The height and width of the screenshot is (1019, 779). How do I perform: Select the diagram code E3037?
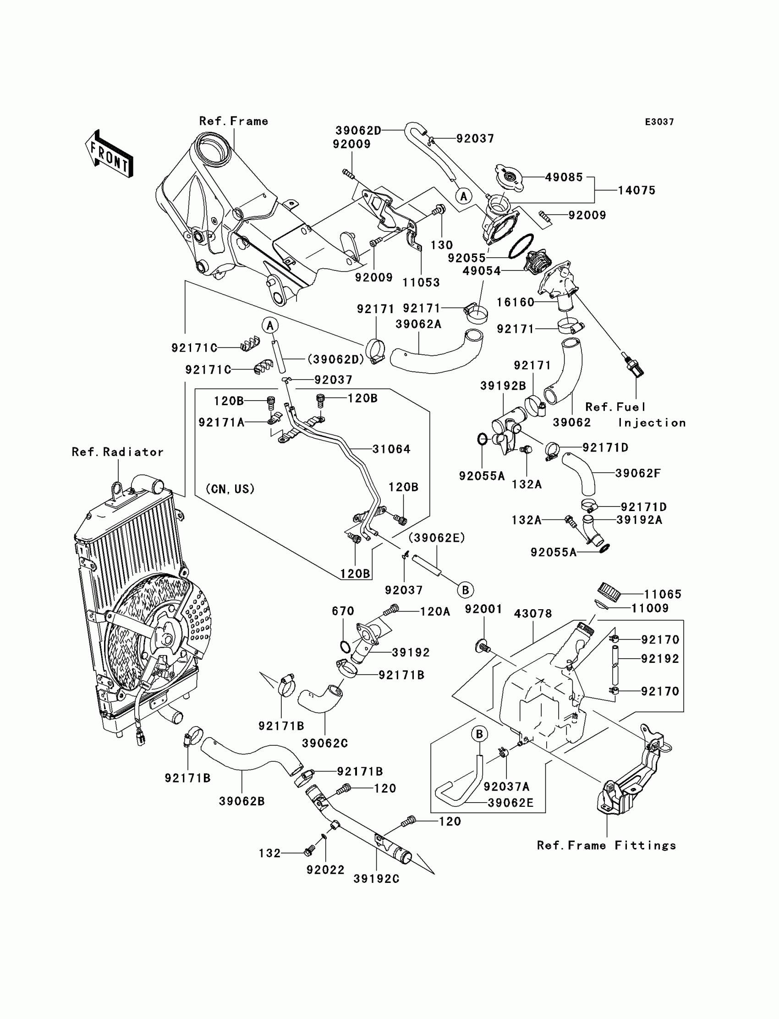pyautogui.click(x=659, y=122)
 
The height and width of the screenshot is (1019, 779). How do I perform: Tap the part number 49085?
pyautogui.click(x=563, y=177)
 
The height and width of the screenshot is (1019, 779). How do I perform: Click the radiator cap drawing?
pyautogui.click(x=509, y=177)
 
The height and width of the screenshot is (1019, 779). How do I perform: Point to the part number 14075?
pyautogui.click(x=636, y=190)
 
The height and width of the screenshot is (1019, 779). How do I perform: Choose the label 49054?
pyautogui.click(x=482, y=271)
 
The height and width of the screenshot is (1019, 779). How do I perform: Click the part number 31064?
pyautogui.click(x=391, y=449)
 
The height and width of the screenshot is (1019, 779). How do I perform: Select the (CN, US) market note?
pyautogui.click(x=230, y=489)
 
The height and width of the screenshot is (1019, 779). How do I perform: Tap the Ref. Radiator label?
pyautogui.click(x=118, y=452)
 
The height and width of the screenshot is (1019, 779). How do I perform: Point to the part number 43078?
pyautogui.click(x=533, y=614)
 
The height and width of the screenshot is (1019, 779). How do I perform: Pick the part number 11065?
pyautogui.click(x=663, y=594)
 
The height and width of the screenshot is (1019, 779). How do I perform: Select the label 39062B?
pyautogui.click(x=242, y=801)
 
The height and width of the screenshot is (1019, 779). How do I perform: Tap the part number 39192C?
pyautogui.click(x=376, y=879)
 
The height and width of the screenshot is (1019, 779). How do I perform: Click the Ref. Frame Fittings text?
pyautogui.click(x=607, y=846)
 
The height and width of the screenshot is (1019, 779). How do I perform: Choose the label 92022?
pyautogui.click(x=325, y=870)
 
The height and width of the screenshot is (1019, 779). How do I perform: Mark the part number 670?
pyautogui.click(x=343, y=611)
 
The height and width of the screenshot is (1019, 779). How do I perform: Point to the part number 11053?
pyautogui.click(x=421, y=282)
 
